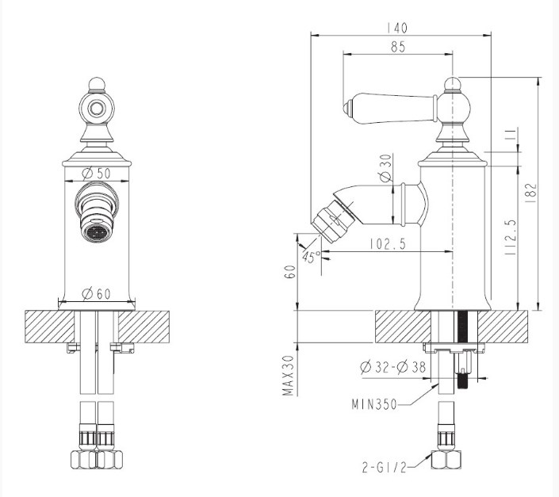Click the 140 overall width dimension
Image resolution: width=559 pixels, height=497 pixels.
point(397,29)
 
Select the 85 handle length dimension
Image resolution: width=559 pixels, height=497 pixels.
point(398,47)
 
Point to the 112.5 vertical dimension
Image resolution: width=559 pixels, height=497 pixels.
point(511,237)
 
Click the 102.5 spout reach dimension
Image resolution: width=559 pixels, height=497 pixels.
point(388,244)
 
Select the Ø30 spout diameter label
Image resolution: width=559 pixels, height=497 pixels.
point(385,167)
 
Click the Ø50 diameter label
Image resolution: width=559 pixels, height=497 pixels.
point(96,174)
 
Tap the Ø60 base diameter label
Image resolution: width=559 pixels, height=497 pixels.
point(96,294)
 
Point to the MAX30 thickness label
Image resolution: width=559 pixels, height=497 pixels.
point(289,376)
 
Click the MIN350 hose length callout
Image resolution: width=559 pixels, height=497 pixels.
point(374,404)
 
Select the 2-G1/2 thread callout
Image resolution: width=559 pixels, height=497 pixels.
point(385,467)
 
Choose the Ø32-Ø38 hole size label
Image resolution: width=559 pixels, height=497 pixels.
point(392,367)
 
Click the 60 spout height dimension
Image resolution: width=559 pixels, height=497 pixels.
point(291,272)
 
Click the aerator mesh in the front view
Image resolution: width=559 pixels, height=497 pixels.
point(96,233)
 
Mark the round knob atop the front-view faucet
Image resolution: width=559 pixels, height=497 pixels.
point(97,85)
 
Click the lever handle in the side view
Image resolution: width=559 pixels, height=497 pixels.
point(389,108)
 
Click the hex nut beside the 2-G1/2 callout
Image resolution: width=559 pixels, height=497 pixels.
point(446,460)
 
